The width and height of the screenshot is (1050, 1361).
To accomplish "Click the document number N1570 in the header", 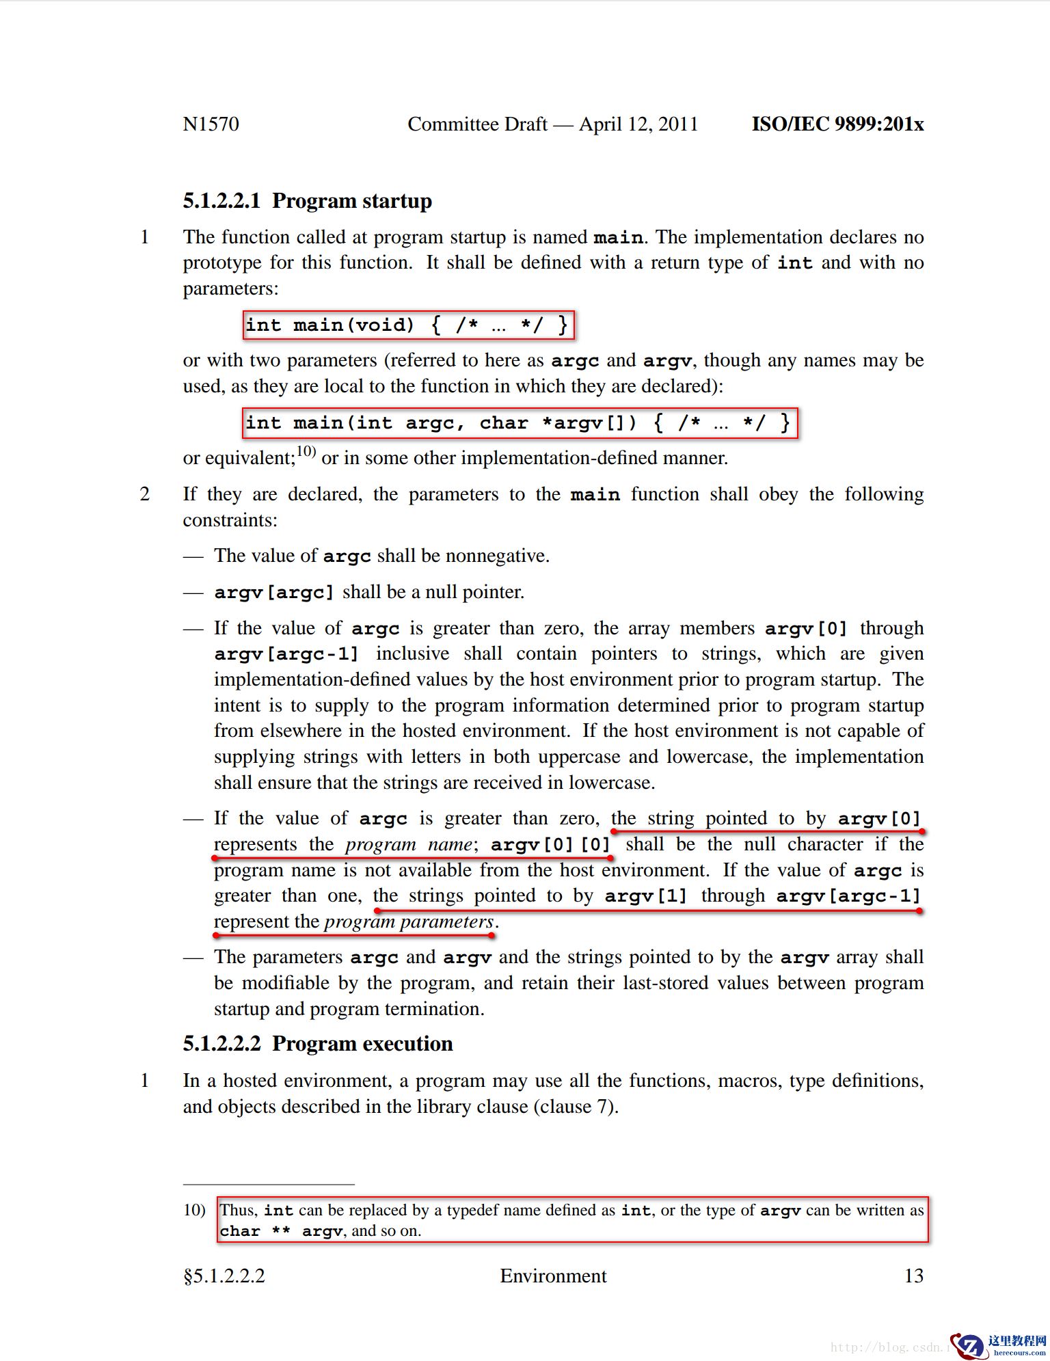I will tap(211, 124).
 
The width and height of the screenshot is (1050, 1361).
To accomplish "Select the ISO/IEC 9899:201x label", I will tap(837, 124).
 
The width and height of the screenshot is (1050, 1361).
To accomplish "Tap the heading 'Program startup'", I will tap(351, 201).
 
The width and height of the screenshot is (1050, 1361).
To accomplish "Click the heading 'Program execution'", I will tap(362, 1044).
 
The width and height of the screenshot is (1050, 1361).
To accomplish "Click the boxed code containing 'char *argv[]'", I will tap(520, 423).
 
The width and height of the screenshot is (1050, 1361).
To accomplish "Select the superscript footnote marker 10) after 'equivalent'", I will tap(306, 451).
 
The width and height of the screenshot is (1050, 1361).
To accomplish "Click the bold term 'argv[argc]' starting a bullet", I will tap(273, 592).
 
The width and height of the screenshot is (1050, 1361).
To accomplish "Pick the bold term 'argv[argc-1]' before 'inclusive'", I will tap(286, 654).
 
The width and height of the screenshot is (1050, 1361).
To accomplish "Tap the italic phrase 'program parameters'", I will tap(409, 921).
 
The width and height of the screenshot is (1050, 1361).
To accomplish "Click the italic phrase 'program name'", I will tap(407, 844).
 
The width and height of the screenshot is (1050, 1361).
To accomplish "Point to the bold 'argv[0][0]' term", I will tap(550, 844).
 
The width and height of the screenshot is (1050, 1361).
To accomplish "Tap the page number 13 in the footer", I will tap(913, 1276).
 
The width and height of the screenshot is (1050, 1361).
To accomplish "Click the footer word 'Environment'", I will tap(553, 1276).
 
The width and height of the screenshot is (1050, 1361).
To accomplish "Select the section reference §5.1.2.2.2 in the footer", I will tap(224, 1276).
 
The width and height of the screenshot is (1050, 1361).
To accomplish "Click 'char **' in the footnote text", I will tap(254, 1231).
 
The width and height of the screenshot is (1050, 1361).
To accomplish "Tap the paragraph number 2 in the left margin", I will tap(145, 494).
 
